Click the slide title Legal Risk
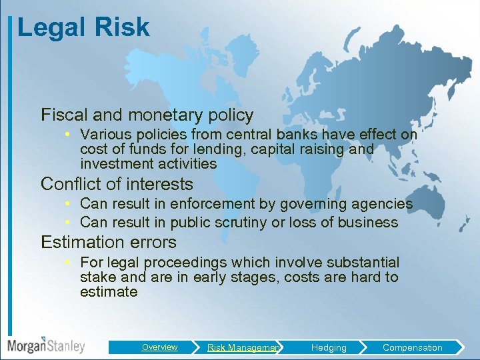pos(83,27)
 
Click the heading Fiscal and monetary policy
pos(147,115)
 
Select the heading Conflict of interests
pos(117,184)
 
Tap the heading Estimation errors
pos(109,242)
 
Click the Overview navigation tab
pos(159,347)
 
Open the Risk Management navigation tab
pos(243,347)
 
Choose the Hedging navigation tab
pos(329,347)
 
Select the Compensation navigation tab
pos(412,347)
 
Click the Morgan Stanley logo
pos(46,346)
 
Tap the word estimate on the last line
pos(109,292)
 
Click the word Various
pos(104,135)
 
